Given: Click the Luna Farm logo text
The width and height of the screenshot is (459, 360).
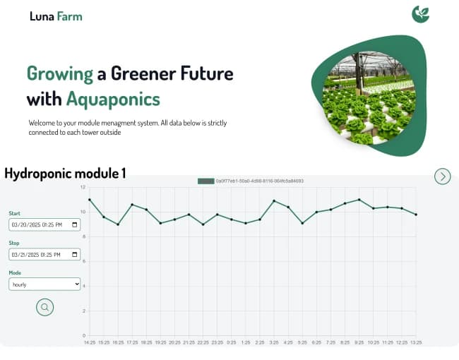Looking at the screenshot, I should pyautogui.click(x=56, y=16).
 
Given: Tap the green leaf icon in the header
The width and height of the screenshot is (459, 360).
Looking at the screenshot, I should pyautogui.click(x=421, y=14).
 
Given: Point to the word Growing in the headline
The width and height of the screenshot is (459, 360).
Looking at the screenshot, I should pyautogui.click(x=59, y=73).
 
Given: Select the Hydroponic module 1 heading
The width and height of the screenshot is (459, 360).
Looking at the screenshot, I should pyautogui.click(x=65, y=173).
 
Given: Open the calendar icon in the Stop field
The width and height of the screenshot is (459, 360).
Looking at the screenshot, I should pyautogui.click(x=75, y=254).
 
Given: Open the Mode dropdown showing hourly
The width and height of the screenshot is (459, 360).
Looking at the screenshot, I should pyautogui.click(x=44, y=284).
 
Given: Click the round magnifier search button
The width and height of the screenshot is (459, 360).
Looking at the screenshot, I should pyautogui.click(x=45, y=307).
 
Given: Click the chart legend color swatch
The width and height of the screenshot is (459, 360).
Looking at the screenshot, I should pyautogui.click(x=205, y=181).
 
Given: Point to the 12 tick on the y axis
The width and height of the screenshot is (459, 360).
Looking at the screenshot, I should pyautogui.click(x=83, y=187).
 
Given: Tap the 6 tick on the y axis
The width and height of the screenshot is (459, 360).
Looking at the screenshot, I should pyautogui.click(x=83, y=261).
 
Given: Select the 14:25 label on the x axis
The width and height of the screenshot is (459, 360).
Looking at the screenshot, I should pyautogui.click(x=90, y=342).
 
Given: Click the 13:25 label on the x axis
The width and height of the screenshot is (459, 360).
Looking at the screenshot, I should pyautogui.click(x=416, y=342).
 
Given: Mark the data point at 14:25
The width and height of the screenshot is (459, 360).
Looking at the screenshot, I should pyautogui.click(x=90, y=200).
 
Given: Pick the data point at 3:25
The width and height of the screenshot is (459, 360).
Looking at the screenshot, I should pyautogui.click(x=274, y=200).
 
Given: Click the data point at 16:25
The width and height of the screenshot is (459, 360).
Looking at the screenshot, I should pyautogui.click(x=118, y=224).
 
